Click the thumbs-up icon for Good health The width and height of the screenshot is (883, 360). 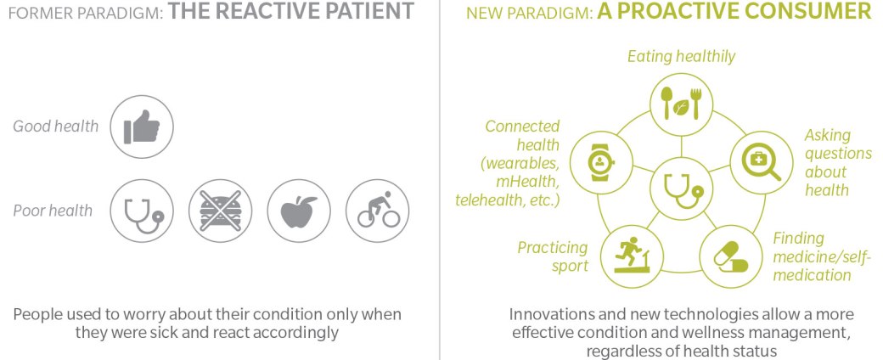(x=141, y=127)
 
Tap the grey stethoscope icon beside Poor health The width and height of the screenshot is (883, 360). (x=141, y=211)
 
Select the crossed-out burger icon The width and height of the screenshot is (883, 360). (x=220, y=211)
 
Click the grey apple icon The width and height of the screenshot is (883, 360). (x=299, y=211)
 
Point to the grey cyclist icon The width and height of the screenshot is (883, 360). (x=377, y=211)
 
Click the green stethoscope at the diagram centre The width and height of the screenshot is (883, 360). (x=682, y=188)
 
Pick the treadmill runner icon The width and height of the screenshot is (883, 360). (x=632, y=256)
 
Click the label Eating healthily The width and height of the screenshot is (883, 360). (x=682, y=57)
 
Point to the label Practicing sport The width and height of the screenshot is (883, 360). (x=553, y=256)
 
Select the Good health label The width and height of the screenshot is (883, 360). (x=56, y=127)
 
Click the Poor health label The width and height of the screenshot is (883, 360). (x=53, y=211)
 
